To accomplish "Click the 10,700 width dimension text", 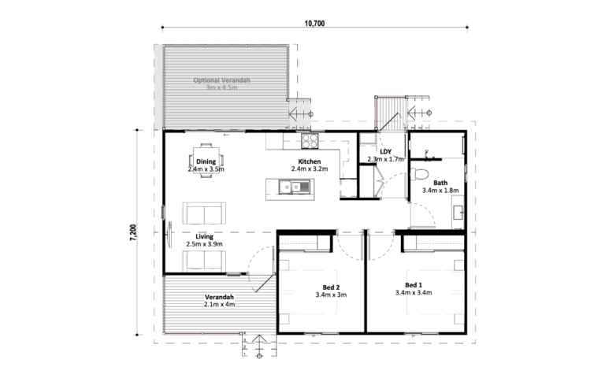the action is click(314, 24).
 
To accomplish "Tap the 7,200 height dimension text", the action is click(133, 232).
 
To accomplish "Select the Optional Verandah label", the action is click(222, 80).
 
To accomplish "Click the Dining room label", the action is click(206, 161).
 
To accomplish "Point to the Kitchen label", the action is click(310, 161).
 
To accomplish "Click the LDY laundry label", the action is click(385, 151).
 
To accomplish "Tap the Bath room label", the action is click(440, 183).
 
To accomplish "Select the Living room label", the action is click(204, 236).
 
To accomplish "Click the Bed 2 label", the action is click(331, 287).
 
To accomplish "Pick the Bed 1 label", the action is click(414, 285).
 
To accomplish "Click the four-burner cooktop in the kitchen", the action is click(310, 141).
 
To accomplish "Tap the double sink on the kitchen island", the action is click(295, 187).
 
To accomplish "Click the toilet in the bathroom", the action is click(419, 174).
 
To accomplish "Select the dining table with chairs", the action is click(206, 161).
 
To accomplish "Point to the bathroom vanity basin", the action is click(458, 213).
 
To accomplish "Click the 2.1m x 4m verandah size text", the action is click(220, 304).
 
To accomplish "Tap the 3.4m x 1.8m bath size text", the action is click(440, 190).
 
